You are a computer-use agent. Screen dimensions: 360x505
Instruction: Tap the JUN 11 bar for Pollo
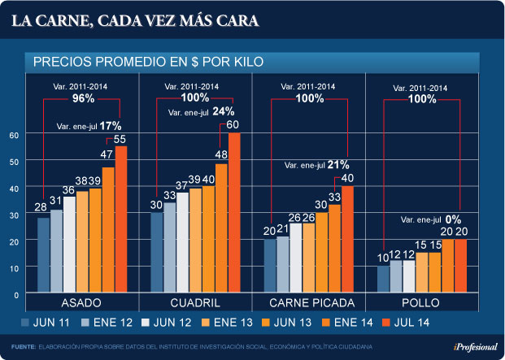click(382, 277)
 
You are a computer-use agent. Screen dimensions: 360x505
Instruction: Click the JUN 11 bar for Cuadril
click(157, 250)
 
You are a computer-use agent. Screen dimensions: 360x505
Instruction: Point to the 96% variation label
click(84, 98)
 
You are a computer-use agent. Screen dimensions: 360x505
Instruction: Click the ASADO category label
click(81, 303)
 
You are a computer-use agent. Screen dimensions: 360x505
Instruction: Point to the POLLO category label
click(423, 303)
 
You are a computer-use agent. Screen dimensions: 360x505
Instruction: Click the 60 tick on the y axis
click(12, 135)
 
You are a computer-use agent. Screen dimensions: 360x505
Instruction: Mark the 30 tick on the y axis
click(12, 215)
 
